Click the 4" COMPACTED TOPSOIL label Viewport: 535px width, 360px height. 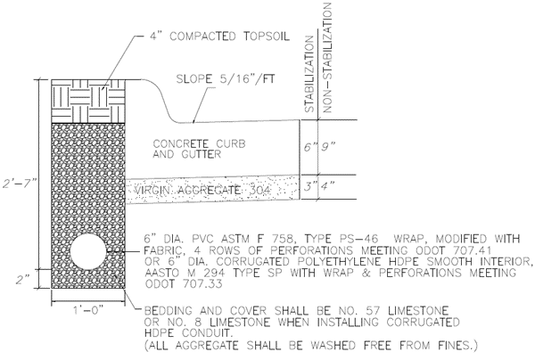tap(202, 40)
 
